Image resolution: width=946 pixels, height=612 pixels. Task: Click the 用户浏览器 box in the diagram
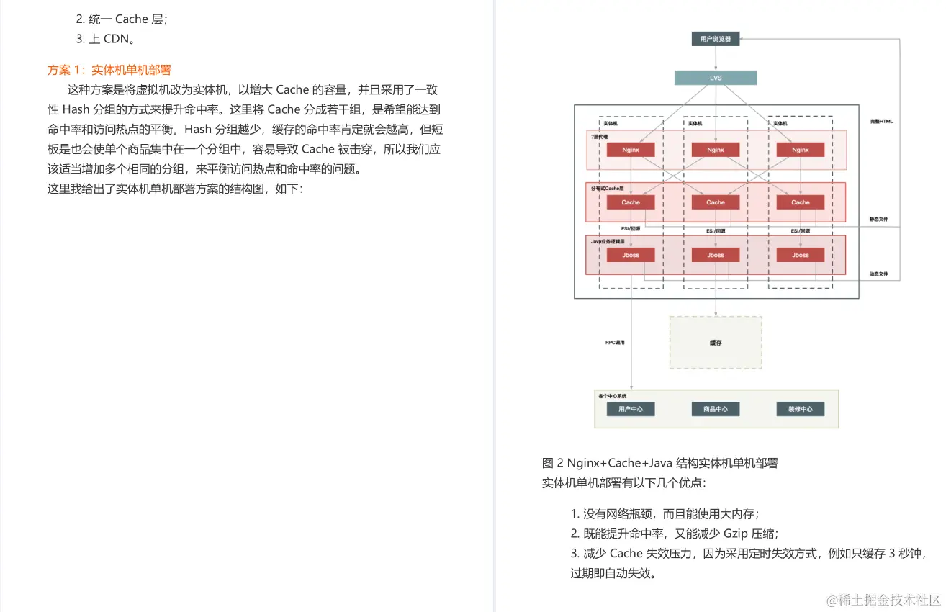point(715,39)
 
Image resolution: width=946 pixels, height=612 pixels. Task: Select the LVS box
point(715,78)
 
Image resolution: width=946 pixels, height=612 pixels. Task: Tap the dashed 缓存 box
point(715,343)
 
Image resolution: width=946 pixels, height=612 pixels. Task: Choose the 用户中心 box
point(630,409)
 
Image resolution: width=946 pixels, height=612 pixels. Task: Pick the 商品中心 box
point(715,409)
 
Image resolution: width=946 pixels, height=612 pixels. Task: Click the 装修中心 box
point(800,409)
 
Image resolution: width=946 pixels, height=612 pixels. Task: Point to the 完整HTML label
point(880,122)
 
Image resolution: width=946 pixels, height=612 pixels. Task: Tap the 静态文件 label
point(879,219)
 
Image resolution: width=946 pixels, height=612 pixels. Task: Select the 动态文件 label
point(879,274)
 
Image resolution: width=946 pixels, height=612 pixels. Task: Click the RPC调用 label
point(615,343)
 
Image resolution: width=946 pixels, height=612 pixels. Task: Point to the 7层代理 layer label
point(600,135)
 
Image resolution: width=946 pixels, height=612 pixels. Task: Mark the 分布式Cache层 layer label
point(606,188)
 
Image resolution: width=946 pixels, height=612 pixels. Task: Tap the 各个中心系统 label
point(612,396)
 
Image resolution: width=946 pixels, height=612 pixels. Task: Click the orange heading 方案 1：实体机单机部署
point(109,70)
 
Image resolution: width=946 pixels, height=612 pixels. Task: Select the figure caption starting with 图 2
point(659,463)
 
